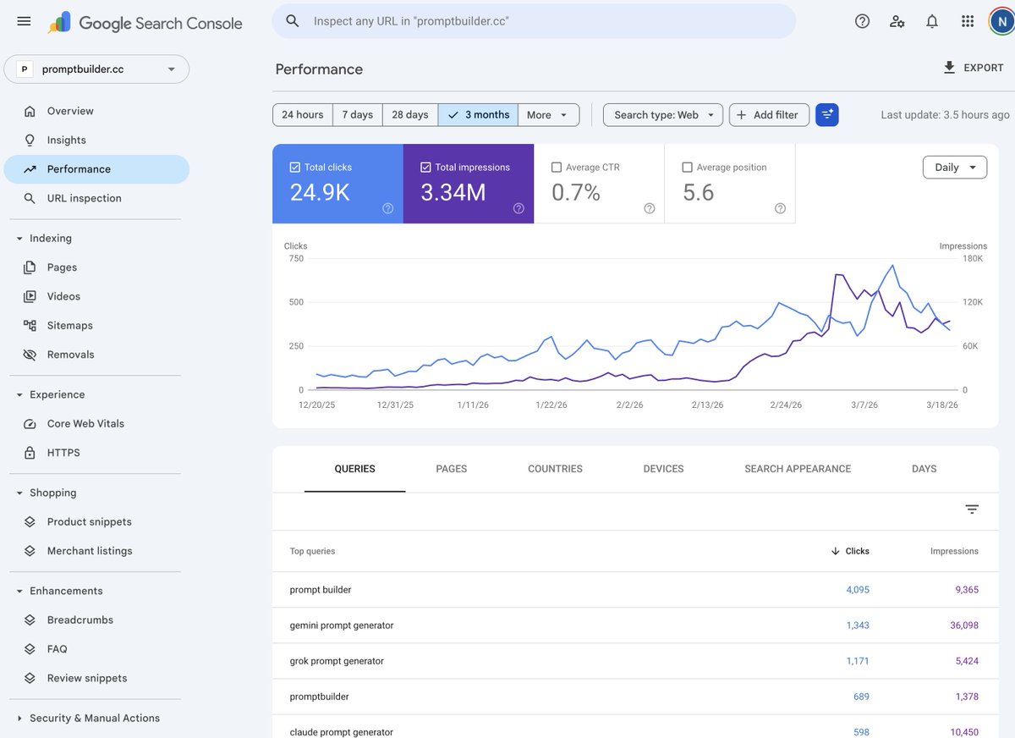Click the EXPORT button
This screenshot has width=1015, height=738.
click(973, 68)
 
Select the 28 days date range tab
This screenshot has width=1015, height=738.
click(409, 115)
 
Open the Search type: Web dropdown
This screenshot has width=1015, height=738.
click(663, 115)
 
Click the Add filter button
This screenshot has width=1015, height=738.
click(769, 115)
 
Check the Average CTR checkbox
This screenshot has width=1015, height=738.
click(557, 168)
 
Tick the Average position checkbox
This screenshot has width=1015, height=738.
click(688, 168)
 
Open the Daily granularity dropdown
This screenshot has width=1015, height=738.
click(954, 168)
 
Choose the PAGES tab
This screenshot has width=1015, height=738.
click(451, 469)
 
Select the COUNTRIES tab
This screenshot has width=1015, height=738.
click(555, 469)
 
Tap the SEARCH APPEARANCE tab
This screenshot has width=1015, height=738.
click(798, 469)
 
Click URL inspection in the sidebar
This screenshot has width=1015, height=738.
click(84, 198)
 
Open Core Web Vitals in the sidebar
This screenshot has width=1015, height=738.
click(85, 424)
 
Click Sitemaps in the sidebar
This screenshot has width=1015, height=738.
click(69, 326)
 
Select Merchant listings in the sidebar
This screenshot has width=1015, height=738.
click(90, 551)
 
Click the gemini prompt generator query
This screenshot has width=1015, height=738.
click(342, 625)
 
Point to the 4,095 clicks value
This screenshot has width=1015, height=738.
click(858, 590)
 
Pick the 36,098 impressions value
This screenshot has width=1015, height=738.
click(964, 625)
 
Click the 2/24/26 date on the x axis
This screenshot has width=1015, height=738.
click(786, 405)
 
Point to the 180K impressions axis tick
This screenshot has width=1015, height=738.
click(973, 258)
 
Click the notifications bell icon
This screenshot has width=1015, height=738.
click(932, 21)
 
